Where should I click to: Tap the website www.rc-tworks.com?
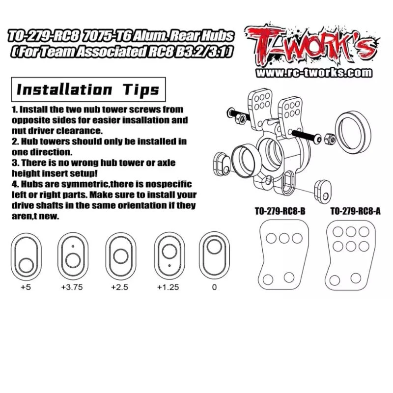pyautogui.click(x=314, y=73)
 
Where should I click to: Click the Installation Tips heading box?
pyautogui.click(x=88, y=89)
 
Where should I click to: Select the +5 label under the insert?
pyautogui.click(x=26, y=287)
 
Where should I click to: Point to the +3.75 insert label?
pyautogui.click(x=72, y=287)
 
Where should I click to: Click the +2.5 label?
pyautogui.click(x=119, y=287)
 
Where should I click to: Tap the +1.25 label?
pyautogui.click(x=168, y=287)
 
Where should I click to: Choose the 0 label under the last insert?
pyautogui.click(x=214, y=287)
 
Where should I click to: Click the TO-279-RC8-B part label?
pyautogui.click(x=280, y=211)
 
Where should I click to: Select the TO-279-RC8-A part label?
pyautogui.click(x=355, y=211)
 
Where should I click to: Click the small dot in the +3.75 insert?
pyautogui.click(x=73, y=246)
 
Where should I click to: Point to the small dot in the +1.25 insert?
pyautogui.click(x=169, y=265)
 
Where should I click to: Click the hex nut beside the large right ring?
pyautogui.click(x=329, y=139)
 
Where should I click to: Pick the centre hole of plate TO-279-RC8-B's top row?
pyautogui.click(x=284, y=238)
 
